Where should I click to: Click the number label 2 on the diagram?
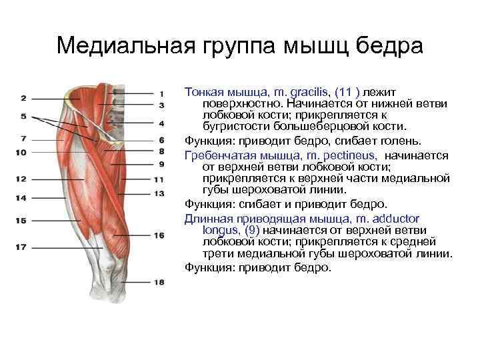point(23,99)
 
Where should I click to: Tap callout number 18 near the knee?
point(159,282)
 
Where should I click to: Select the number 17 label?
point(21,247)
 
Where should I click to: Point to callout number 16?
point(159,235)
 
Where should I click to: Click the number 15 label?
point(21,220)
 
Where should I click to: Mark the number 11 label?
point(159,179)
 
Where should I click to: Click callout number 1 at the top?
point(162,93)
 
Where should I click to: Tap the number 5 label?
point(23,116)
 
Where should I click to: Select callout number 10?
point(21,153)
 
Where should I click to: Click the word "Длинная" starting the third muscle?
point(206,218)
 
